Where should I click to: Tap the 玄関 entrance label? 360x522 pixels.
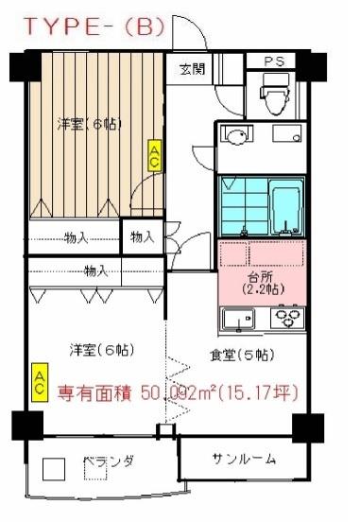click(x=191, y=68)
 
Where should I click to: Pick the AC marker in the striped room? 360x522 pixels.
click(x=154, y=156)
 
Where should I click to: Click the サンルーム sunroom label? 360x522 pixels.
click(x=244, y=460)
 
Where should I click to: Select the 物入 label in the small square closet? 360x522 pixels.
click(x=142, y=236)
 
